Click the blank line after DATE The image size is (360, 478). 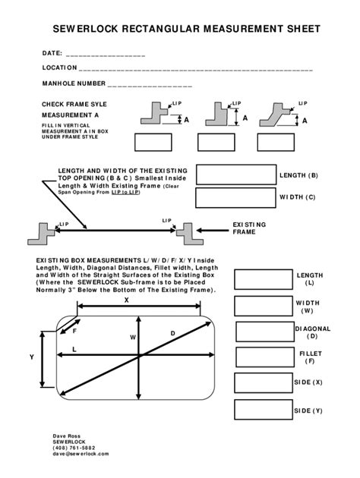[x=106, y=55]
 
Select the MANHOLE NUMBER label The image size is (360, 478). [x=73, y=83]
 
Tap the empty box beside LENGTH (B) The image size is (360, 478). [x=235, y=175]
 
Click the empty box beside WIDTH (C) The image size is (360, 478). [x=235, y=198]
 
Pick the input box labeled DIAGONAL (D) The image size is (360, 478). [x=265, y=332]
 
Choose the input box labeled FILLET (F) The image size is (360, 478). [x=265, y=357]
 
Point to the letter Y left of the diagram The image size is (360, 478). [x=31, y=357]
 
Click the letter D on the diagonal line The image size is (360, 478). [x=172, y=333]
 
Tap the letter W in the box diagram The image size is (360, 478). [x=132, y=337]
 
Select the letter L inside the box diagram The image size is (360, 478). [x=74, y=349]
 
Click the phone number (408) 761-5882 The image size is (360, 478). [x=75, y=448]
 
